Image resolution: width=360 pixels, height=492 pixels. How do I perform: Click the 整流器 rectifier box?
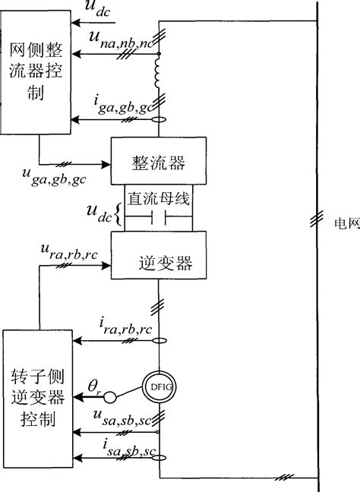point(159,161)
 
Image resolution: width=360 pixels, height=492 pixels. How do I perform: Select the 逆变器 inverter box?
point(159,263)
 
